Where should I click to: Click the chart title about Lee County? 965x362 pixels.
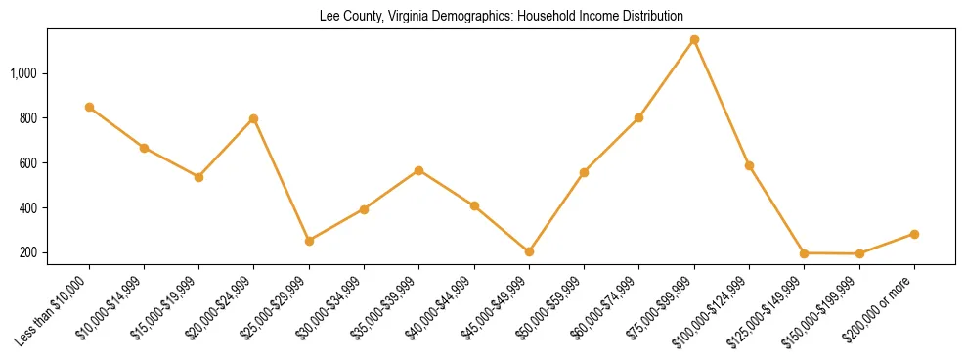pos(501,17)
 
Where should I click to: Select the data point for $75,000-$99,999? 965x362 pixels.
pos(694,40)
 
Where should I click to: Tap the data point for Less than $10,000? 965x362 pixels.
pos(89,107)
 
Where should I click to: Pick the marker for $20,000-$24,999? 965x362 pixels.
pos(254,118)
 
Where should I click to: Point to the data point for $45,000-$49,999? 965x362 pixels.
pos(529,251)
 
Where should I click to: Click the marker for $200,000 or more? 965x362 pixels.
pos(914,234)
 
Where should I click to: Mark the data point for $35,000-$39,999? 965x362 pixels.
pos(418,170)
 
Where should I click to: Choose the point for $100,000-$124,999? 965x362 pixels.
pos(749,165)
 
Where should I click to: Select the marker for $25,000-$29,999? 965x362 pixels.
pos(309,241)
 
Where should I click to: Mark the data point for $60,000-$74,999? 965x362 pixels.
pos(638,117)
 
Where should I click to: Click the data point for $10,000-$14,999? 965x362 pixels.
pos(144,148)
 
